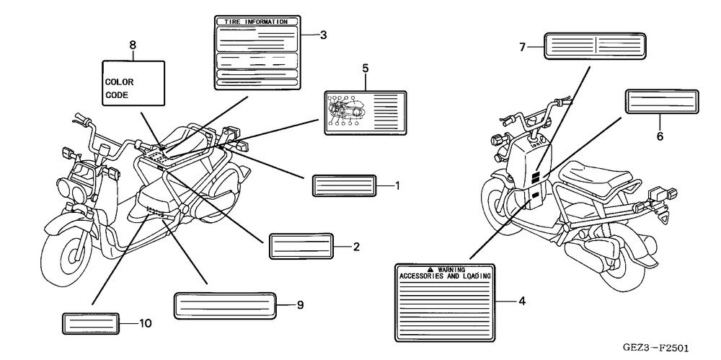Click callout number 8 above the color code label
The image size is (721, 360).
(133, 45)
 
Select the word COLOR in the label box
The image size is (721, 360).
(120, 82)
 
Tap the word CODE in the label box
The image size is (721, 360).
(116, 95)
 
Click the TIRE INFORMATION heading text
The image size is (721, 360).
(256, 22)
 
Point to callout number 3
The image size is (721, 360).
(324, 34)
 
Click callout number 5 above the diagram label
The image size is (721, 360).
(366, 68)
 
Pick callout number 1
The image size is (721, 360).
(397, 185)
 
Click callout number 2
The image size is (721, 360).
(356, 246)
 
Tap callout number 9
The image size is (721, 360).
(300, 305)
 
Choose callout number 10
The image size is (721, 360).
(146, 323)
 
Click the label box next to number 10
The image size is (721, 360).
(90, 324)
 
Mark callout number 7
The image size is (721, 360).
(522, 47)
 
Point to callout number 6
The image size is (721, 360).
(659, 135)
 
